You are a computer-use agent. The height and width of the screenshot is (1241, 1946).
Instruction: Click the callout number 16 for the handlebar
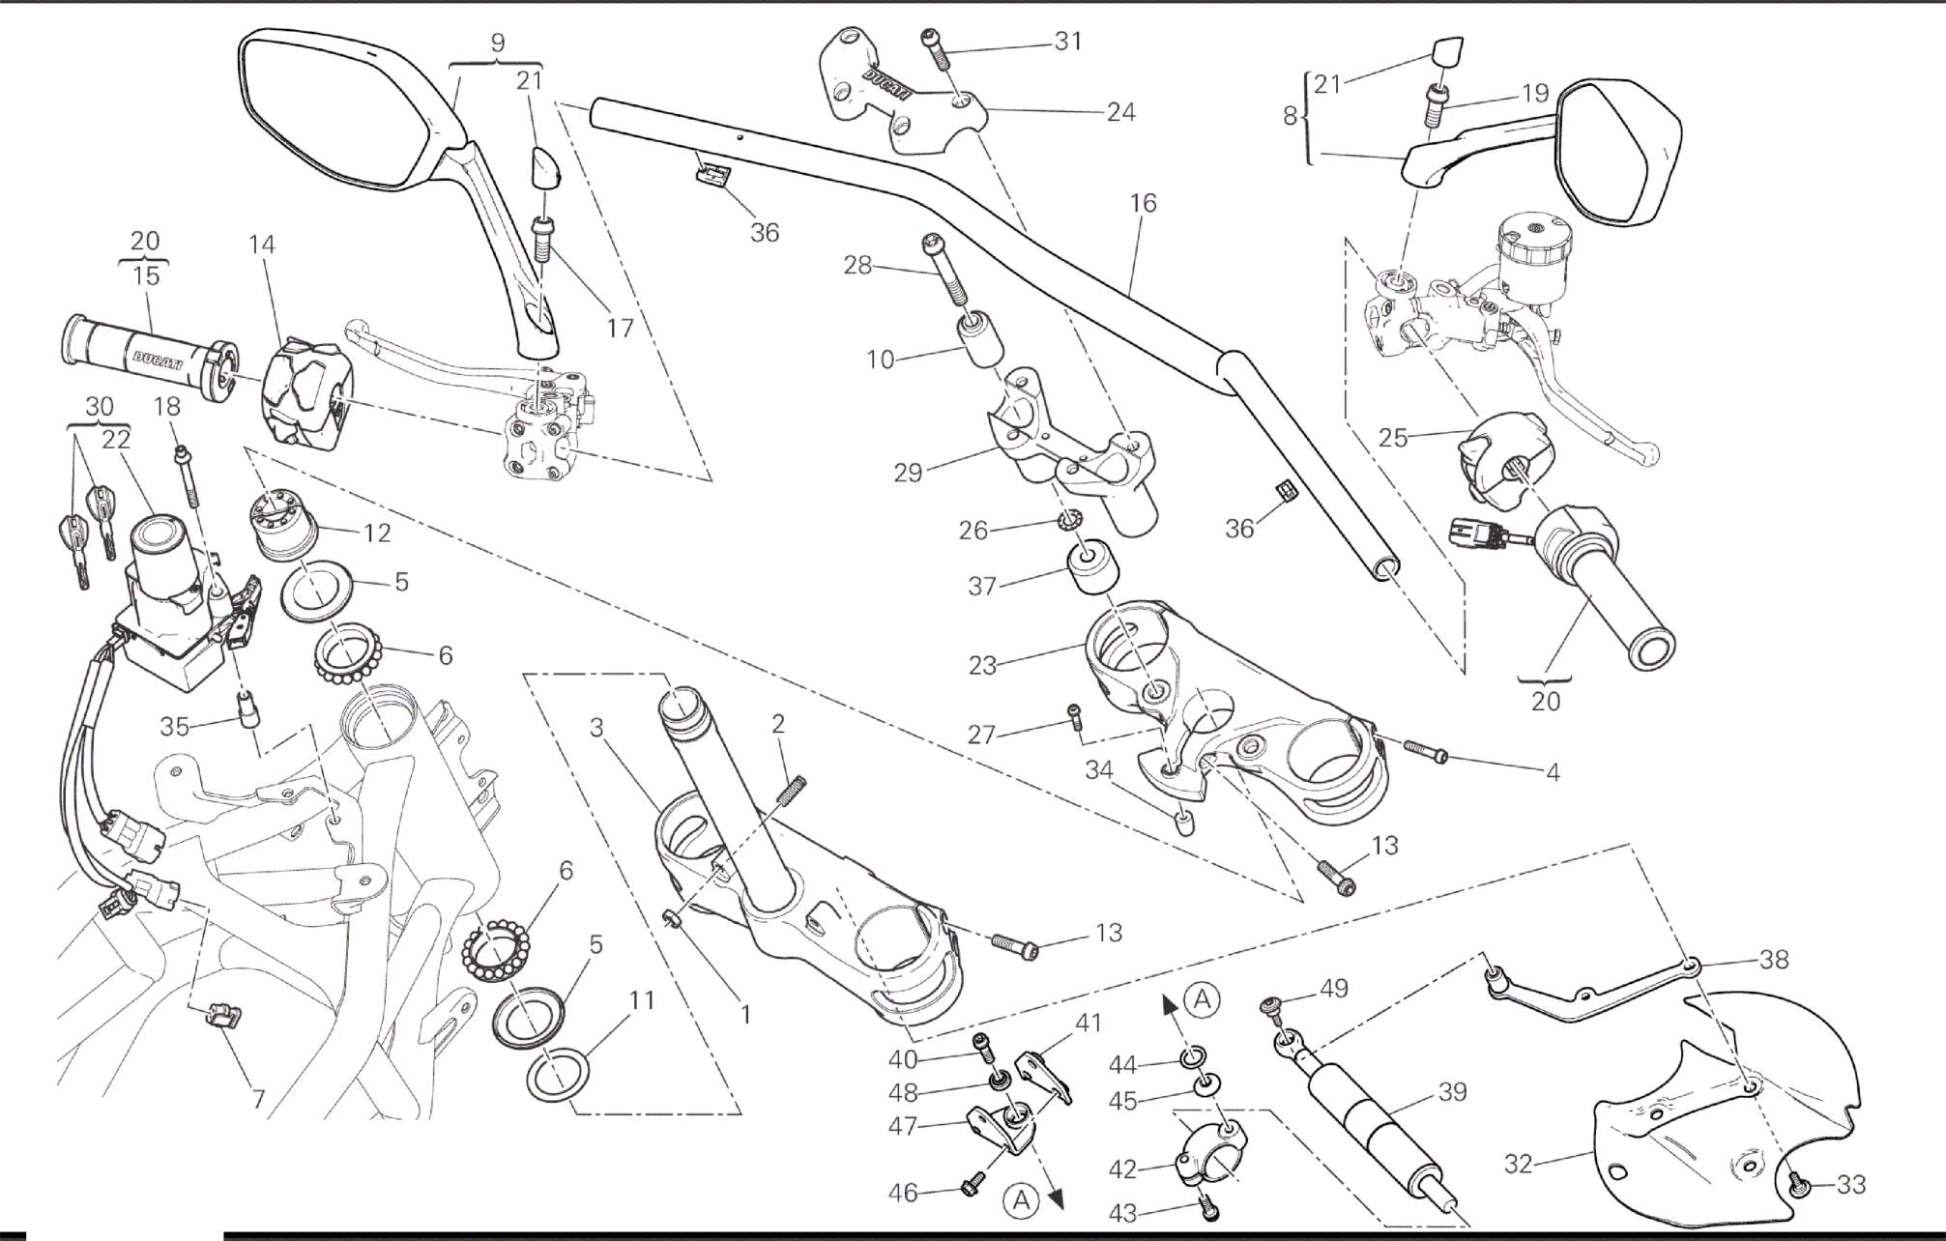1142,204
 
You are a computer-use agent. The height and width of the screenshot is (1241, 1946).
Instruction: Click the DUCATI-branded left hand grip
145,356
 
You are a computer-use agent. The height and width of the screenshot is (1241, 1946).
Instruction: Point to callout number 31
1067,42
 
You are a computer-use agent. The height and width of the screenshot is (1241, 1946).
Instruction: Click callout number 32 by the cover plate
1519,1164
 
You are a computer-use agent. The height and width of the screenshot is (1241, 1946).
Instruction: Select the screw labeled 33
1799,1185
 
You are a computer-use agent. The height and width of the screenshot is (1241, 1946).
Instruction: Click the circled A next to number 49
1202,999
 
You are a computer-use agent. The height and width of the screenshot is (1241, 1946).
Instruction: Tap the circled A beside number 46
1021,1200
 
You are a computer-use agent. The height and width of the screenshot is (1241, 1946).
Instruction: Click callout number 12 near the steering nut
377,533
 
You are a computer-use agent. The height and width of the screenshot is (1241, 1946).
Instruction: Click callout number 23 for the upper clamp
982,666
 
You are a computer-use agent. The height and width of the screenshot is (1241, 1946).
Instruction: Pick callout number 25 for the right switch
1392,438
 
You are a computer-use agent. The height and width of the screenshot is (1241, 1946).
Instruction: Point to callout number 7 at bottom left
258,1100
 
